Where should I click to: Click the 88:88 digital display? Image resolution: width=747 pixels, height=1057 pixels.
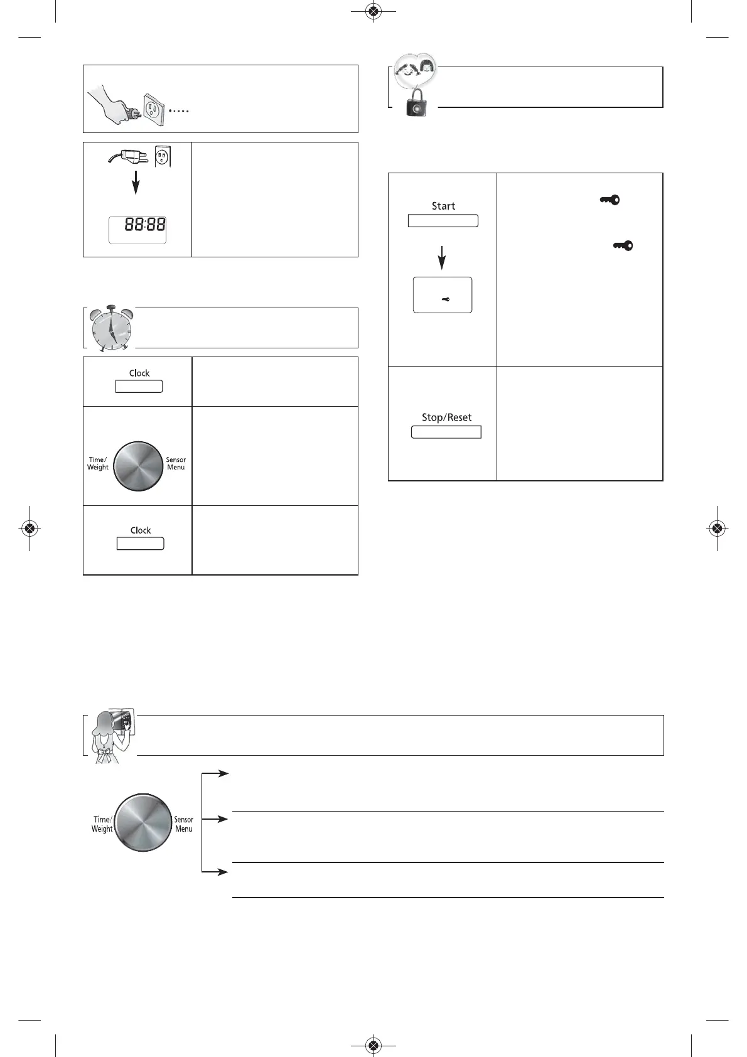pos(138,228)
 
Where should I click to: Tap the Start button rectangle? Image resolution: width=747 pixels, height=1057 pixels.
pos(443,220)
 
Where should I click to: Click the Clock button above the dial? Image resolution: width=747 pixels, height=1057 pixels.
pos(139,386)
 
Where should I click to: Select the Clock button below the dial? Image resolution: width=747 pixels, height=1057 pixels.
pos(140,544)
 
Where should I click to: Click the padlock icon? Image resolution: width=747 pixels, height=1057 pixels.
pos(416,102)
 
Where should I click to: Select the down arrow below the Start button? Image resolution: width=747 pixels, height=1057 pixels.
pos(442,257)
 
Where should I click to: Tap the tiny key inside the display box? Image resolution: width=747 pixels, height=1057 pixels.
pos(445,299)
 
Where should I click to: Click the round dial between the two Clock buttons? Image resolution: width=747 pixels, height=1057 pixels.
pos(138,466)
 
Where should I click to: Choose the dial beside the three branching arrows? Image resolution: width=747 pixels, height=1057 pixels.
pos(144,823)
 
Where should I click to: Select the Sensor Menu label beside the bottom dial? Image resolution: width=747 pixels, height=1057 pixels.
pos(184,824)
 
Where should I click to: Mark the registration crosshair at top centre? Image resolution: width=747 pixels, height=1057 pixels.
pos(373,11)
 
